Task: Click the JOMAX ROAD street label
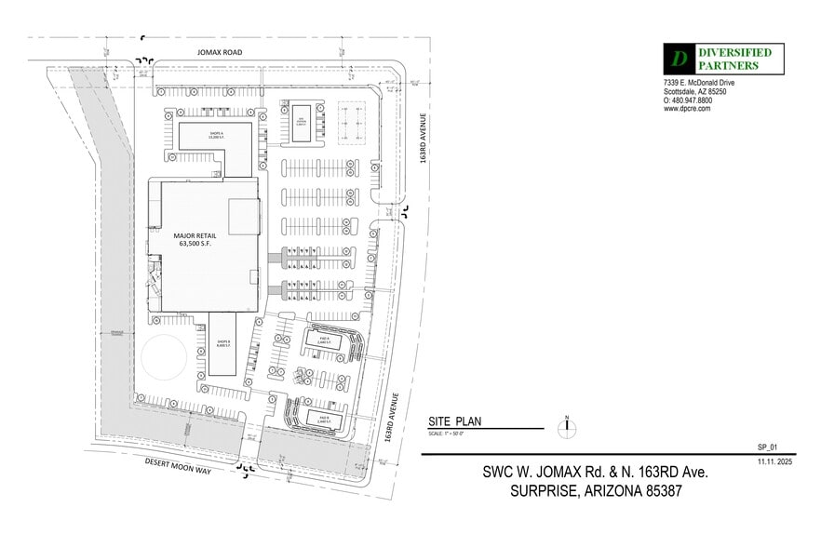[x=220, y=53]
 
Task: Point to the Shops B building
[x=223, y=343]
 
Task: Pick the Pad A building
[x=321, y=341]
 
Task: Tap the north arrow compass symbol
[x=566, y=428]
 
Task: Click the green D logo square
[x=680, y=59]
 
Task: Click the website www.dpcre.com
[x=687, y=109]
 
